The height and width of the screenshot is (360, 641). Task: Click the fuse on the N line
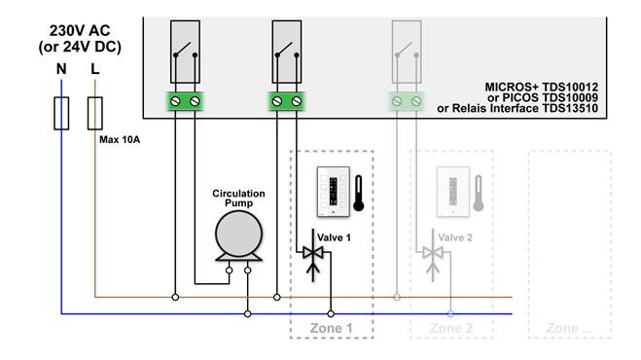click(61, 113)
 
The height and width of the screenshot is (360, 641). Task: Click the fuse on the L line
click(95, 113)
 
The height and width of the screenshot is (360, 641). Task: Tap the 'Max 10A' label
click(120, 139)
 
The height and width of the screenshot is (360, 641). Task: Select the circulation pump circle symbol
click(238, 234)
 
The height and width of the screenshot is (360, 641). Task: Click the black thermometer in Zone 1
click(359, 194)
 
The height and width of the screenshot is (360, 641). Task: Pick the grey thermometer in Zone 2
click(479, 194)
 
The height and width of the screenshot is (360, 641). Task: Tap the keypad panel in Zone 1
click(334, 192)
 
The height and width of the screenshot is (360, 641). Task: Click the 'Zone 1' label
click(331, 328)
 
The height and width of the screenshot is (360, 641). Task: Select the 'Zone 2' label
click(451, 328)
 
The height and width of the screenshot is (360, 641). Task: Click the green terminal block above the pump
click(185, 101)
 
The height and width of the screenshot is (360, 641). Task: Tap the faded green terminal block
click(407, 101)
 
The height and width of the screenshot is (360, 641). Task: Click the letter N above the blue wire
click(61, 69)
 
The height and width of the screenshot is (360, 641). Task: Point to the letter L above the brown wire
click(95, 69)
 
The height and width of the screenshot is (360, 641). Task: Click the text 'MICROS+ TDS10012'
click(541, 88)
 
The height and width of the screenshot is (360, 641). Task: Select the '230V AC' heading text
click(80, 31)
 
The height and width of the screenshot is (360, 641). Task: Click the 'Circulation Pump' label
click(238, 198)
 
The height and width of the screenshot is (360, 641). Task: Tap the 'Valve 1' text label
click(334, 237)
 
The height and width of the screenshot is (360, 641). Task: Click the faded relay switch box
click(407, 52)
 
